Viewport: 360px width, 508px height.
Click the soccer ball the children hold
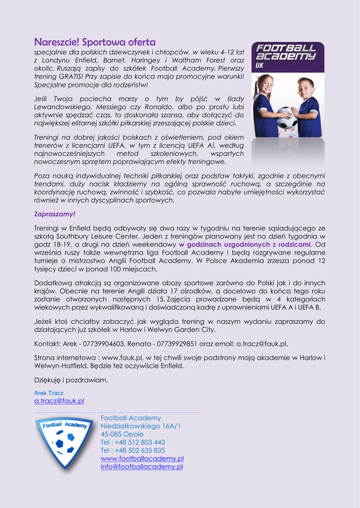click(287, 118)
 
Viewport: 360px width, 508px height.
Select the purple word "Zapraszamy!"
click(55, 214)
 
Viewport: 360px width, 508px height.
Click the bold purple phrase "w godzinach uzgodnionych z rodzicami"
click(245, 245)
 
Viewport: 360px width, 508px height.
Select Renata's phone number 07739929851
click(177, 343)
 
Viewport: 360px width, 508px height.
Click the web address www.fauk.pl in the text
click(122, 357)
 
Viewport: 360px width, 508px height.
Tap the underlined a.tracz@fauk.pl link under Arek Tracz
click(59, 401)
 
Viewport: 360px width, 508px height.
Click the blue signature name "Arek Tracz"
click(49, 393)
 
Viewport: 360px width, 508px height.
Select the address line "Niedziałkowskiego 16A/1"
click(141, 426)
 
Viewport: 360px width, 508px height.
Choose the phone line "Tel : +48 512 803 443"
click(133, 442)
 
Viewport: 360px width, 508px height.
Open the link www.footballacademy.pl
click(142, 458)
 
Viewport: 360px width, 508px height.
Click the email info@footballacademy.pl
click(142, 466)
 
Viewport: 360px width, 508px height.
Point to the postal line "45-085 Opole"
click(122, 434)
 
